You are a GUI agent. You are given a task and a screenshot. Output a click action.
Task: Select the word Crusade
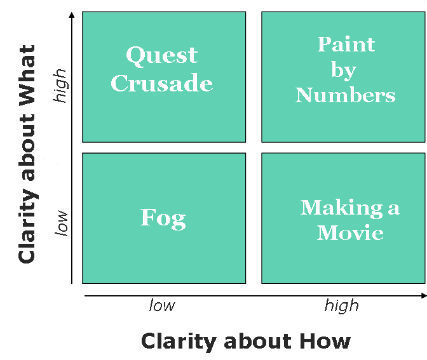coord(162,83)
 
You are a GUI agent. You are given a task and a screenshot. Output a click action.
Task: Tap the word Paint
coord(346,44)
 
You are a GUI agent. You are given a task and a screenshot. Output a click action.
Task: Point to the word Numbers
coord(345,95)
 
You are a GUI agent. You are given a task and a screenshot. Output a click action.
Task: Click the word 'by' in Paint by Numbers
coord(344,70)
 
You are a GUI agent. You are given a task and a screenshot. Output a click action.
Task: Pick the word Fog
coord(163,219)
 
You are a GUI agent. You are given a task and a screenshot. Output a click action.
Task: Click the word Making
coord(341,209)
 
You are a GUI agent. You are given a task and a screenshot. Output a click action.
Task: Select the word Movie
coord(350,232)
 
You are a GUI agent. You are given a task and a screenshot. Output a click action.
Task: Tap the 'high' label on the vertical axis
coord(60,86)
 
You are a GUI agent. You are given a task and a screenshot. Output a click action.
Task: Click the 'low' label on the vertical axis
coord(61,223)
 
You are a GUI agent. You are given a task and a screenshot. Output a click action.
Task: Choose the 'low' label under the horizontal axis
coord(162,305)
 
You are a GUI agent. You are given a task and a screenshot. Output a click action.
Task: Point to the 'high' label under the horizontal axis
coord(341,307)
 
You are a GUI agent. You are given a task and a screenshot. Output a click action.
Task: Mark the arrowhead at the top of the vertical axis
coord(72,15)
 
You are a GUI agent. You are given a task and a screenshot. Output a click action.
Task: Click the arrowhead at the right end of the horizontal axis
coord(424,295)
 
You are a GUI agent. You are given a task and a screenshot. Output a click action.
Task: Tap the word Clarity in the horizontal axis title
coord(179,342)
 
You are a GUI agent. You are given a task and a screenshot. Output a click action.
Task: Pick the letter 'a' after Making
coord(393,209)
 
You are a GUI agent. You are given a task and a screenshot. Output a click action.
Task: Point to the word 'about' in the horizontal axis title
coord(257,341)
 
